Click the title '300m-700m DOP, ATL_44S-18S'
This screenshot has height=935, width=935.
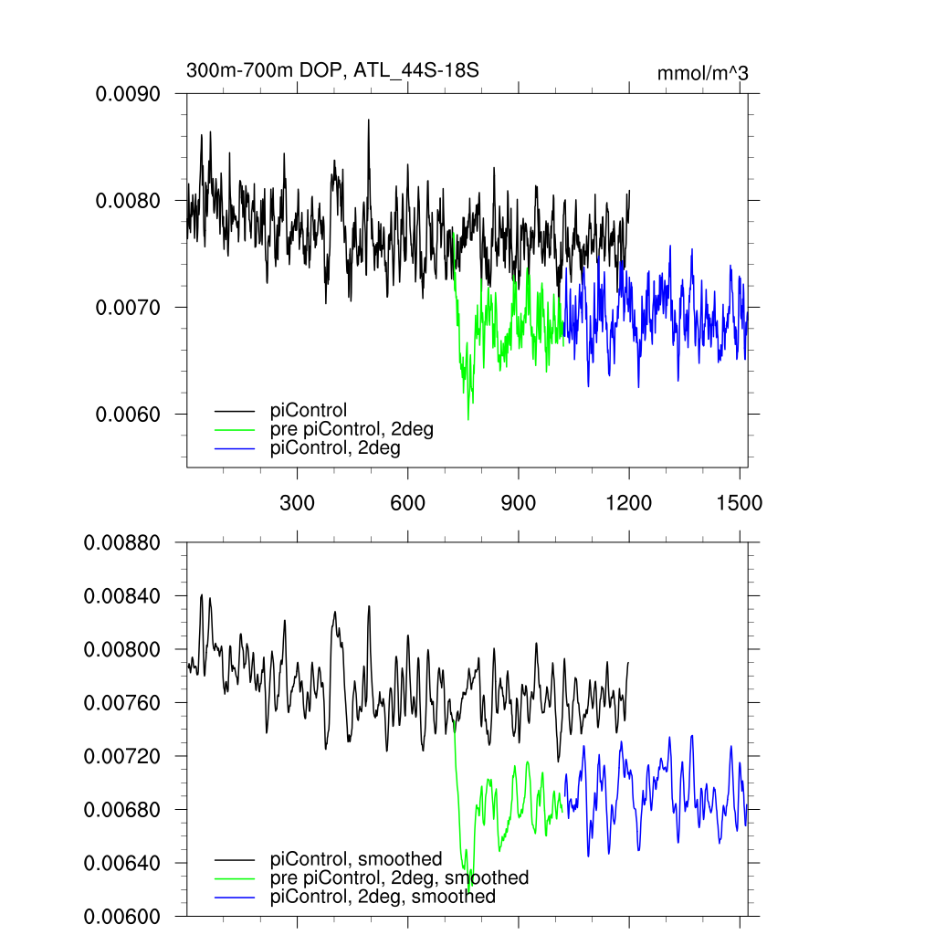(332, 70)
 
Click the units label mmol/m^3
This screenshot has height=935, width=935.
(702, 73)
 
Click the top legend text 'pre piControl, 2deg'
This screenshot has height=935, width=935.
(352, 429)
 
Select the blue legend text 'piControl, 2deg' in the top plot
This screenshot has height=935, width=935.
(335, 448)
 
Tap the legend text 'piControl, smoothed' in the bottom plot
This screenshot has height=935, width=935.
(356, 858)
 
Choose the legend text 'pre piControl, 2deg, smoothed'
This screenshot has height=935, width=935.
(399, 877)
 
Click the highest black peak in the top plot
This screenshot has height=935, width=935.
(369, 120)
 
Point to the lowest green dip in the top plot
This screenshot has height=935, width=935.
(468, 419)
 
